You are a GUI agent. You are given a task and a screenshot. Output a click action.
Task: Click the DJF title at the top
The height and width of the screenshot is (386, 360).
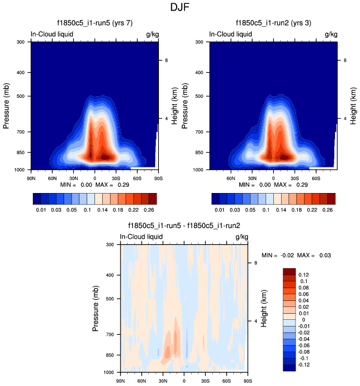[x=180, y=8]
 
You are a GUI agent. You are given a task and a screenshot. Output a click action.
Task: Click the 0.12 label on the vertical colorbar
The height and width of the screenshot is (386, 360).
[x=304, y=275]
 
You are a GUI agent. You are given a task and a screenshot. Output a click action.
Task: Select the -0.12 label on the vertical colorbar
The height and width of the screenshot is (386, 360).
[x=305, y=365]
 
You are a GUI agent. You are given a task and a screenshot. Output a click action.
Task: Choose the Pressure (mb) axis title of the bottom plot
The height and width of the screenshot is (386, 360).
[x=98, y=308]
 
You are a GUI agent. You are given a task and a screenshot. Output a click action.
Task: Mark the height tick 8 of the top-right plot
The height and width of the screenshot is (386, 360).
[x=345, y=60]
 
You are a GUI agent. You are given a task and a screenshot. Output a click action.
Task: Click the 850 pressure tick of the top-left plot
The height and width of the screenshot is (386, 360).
[x=20, y=152]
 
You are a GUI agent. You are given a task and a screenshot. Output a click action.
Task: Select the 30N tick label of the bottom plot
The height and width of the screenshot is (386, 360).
[x=162, y=380]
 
